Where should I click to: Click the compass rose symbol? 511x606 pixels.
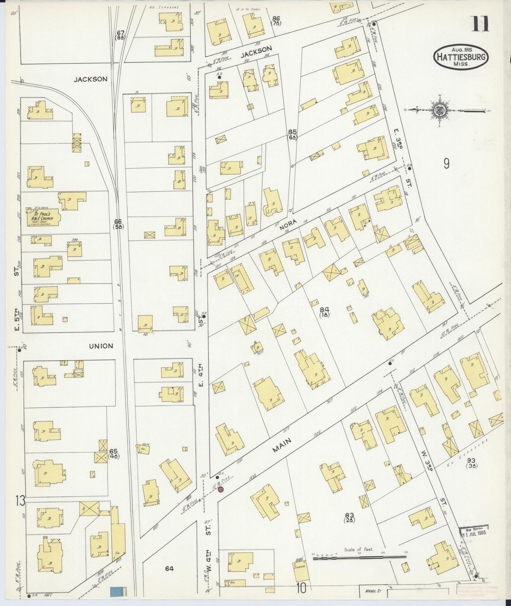[x=440, y=111]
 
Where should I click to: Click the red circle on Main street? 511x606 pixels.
[x=221, y=489]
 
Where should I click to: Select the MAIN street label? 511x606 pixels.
[x=282, y=445]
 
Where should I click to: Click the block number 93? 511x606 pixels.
[x=471, y=461]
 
